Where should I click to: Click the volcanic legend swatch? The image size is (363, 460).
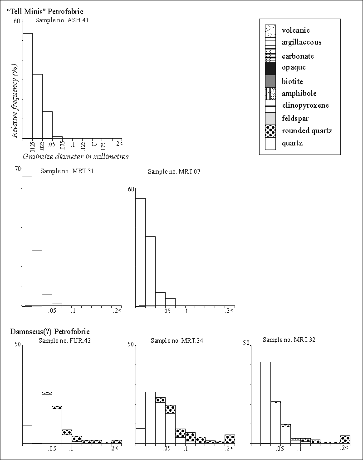270,31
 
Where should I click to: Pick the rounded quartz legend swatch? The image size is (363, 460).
270,131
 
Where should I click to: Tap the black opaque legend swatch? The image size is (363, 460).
270,68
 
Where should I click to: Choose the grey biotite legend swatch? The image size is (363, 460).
270,81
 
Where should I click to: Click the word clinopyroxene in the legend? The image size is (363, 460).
305,105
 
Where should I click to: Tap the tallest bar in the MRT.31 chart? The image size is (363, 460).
27,241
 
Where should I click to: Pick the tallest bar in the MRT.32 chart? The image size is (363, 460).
265,402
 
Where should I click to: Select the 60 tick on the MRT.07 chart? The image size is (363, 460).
131,189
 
